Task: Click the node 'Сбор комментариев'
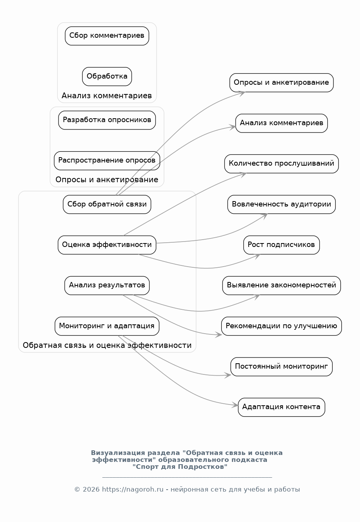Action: coord(107,36)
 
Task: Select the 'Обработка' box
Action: coord(107,76)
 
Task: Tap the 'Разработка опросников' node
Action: coord(107,120)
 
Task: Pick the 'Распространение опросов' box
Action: coord(107,160)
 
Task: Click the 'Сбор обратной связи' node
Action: coord(107,204)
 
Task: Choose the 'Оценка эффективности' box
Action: coord(107,245)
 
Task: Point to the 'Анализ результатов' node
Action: coord(107,285)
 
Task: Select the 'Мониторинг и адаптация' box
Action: coord(107,326)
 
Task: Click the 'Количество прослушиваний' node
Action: coord(281,164)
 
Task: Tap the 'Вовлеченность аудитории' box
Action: coord(281,204)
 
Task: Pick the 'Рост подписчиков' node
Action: coord(281,245)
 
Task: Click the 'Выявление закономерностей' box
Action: coord(281,285)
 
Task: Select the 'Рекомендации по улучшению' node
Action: coord(281,326)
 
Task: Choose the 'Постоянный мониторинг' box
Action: coord(281,366)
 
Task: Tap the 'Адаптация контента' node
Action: coord(281,407)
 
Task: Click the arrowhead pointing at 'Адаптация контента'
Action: coord(235,405)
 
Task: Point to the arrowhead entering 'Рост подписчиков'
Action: coord(257,255)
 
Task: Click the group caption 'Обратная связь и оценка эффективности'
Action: coord(107,345)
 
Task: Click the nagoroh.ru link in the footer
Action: coord(133,490)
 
